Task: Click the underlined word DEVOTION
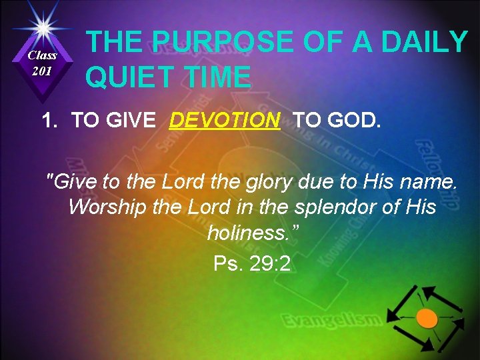point(225,121)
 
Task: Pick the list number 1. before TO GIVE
point(51,121)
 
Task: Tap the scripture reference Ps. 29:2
point(252,264)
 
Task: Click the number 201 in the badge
point(42,71)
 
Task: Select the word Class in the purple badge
point(43,56)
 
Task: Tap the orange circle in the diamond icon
point(427,319)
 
